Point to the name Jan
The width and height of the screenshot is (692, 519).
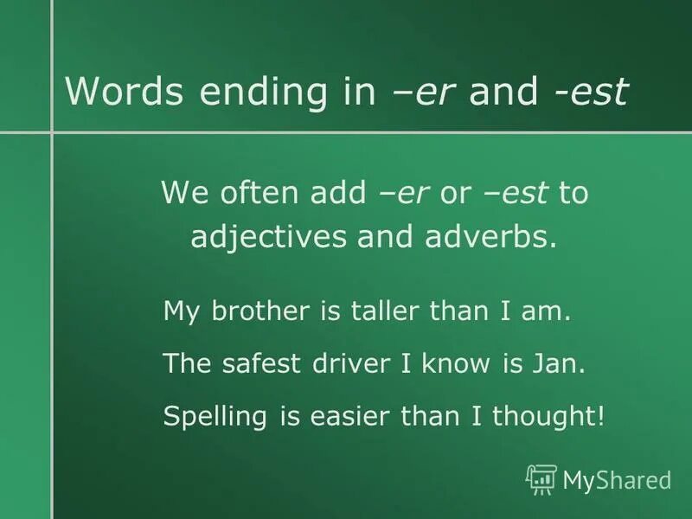(x=567, y=364)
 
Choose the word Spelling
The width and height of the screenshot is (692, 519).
(x=216, y=418)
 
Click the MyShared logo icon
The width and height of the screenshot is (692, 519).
(x=541, y=479)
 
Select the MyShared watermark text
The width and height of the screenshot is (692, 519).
(x=617, y=479)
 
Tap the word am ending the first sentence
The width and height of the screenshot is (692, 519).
(x=550, y=311)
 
